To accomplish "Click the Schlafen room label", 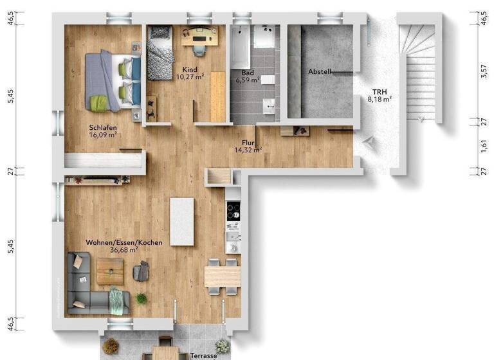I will pos(102,127).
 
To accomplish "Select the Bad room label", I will pos(246,73).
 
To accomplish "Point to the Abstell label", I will pos(320,72).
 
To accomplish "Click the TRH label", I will pos(380,91).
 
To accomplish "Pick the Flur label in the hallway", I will pos(248,143).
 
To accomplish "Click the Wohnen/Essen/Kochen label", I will pos(124,242).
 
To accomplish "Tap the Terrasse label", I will pos(203,355).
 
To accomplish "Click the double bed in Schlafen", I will pos(113,80).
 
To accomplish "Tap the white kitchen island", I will pos(181,221).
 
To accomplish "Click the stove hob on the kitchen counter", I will pos(233,210).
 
